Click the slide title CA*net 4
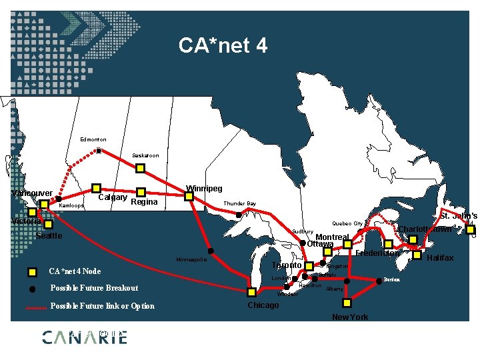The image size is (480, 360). click(223, 45)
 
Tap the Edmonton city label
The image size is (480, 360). click(93, 139)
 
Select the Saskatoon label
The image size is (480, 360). click(145, 155)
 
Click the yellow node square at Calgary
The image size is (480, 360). click(96, 189)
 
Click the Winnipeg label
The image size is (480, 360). click(204, 189)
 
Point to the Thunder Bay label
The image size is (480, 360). click(239, 203)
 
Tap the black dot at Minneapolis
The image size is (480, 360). click(211, 251)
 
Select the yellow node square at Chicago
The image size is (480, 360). click(251, 292)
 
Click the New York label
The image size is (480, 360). click(349, 317)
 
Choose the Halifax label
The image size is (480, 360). click(440, 258)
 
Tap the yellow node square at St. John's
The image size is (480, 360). click(471, 231)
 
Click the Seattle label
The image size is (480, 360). click(49, 236)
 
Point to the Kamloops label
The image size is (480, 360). click(71, 207)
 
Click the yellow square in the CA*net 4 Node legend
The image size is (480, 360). click(32, 271)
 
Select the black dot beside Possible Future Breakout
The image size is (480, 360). click(32, 289)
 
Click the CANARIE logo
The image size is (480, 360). click(84, 337)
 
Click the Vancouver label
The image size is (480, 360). click(32, 193)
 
